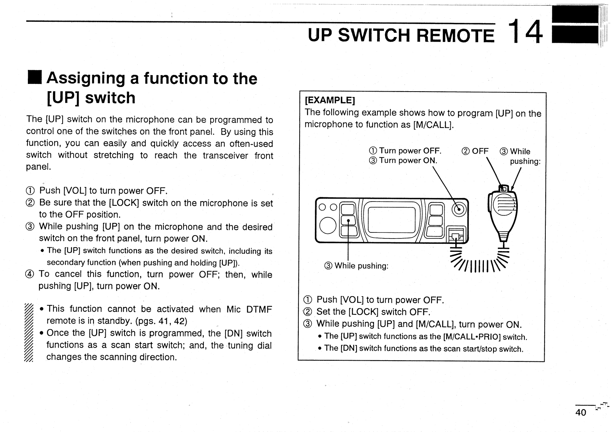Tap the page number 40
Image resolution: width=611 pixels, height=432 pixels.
(581, 413)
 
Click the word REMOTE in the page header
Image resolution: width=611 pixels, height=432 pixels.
(455, 35)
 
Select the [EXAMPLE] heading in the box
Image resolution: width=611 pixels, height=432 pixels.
(330, 100)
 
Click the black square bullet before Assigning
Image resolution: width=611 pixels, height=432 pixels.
(35, 77)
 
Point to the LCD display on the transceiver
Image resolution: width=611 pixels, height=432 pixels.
(392, 220)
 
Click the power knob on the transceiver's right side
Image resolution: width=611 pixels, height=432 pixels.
(459, 210)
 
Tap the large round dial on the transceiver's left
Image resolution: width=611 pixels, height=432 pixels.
(327, 226)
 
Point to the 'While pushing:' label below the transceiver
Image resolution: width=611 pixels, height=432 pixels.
(356, 266)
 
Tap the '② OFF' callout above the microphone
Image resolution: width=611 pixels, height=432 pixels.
(475, 151)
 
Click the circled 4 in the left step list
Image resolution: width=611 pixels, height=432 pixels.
(30, 274)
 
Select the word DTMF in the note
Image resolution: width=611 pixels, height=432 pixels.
(259, 309)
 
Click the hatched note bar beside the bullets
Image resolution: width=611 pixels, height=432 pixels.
(29, 332)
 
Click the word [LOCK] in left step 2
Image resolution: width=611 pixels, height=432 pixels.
(124, 203)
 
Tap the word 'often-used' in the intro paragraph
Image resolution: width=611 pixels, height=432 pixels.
(251, 143)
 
